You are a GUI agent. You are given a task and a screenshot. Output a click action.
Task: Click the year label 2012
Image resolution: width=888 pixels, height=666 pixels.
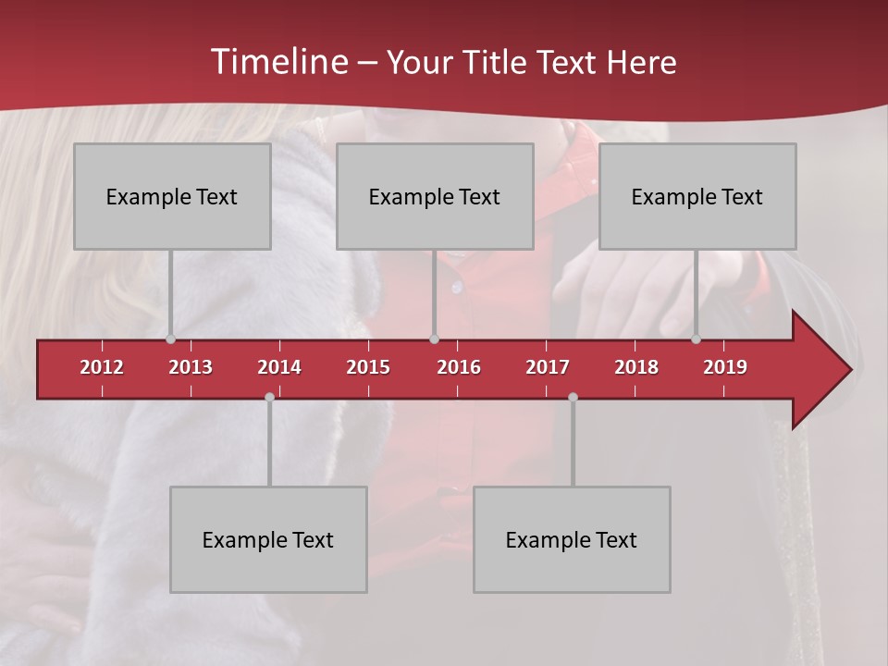pyautogui.click(x=102, y=367)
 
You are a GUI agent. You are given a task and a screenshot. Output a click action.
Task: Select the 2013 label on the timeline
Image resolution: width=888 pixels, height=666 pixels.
pyautogui.click(x=191, y=367)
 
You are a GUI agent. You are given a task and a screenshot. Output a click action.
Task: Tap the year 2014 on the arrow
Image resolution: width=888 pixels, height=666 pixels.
pyautogui.click(x=279, y=367)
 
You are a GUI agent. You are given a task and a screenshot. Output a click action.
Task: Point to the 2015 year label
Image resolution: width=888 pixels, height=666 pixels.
pyautogui.click(x=368, y=367)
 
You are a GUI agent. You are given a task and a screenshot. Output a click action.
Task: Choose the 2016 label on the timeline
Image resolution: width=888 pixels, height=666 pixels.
pyautogui.click(x=459, y=367)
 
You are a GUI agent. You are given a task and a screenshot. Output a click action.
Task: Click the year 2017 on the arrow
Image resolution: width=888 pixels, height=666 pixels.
pyautogui.click(x=548, y=367)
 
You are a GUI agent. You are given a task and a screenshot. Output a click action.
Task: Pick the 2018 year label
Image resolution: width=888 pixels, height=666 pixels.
pyautogui.click(x=636, y=367)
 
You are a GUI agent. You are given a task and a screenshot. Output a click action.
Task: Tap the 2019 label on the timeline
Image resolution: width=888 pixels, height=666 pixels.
pyautogui.click(x=725, y=367)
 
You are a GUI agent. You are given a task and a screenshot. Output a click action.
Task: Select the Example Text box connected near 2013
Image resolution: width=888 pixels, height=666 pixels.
pyautogui.click(x=172, y=196)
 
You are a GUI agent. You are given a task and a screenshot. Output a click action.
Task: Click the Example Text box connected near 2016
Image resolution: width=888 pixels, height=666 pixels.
pyautogui.click(x=435, y=196)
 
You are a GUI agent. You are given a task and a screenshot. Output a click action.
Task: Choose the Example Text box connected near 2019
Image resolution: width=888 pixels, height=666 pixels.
pyautogui.click(x=697, y=196)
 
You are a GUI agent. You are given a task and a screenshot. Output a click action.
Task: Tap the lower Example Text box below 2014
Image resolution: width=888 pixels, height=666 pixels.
pyautogui.click(x=268, y=539)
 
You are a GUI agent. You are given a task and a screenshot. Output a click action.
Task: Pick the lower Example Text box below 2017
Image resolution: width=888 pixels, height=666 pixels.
pyautogui.click(x=572, y=539)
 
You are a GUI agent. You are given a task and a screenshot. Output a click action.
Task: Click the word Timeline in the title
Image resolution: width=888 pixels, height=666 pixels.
pyautogui.click(x=277, y=62)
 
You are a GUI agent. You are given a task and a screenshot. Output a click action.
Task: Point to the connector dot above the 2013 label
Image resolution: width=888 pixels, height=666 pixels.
pyautogui.click(x=170, y=339)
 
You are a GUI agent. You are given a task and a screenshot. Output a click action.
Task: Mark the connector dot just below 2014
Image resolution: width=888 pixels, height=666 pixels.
pyautogui.click(x=269, y=397)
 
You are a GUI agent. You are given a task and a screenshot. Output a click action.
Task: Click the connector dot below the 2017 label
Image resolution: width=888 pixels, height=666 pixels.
pyautogui.click(x=573, y=397)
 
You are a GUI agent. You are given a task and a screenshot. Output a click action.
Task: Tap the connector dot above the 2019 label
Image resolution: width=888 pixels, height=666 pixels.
pyautogui.click(x=696, y=339)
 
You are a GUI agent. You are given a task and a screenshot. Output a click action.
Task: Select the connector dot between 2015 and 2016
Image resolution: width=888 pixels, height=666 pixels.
pyautogui.click(x=434, y=339)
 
